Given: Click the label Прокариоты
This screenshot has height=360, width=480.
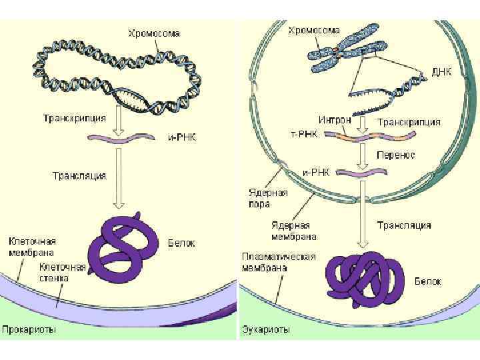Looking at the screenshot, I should coord(29,330).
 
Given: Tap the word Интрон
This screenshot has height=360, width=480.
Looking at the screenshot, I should coord(335,121).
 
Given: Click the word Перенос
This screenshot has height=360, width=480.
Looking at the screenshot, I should coord(396,155).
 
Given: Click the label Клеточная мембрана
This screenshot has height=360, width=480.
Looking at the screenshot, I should coord(31,247).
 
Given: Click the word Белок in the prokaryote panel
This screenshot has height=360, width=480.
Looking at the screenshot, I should coord(181,244).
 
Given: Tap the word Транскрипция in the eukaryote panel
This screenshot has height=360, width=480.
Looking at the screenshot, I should coord(409,122).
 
